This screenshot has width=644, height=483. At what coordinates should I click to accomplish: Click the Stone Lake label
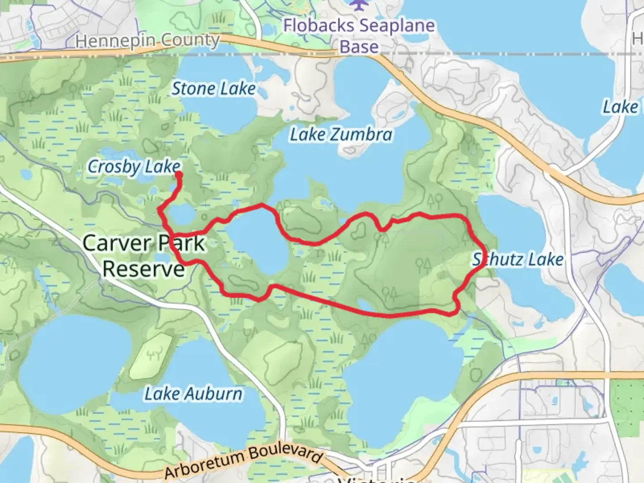(x=214, y=89)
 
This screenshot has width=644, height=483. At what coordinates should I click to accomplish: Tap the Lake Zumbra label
(x=341, y=134)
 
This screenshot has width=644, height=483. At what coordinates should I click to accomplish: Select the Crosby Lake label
(x=134, y=167)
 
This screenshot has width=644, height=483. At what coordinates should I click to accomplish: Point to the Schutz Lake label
(x=518, y=259)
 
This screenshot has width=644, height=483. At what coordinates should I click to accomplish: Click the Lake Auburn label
(x=193, y=394)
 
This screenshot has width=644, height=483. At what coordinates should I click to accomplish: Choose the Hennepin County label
(x=148, y=41)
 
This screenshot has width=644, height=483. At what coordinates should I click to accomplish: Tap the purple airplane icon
(x=358, y=5)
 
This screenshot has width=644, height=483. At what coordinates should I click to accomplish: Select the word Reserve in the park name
(x=144, y=269)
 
